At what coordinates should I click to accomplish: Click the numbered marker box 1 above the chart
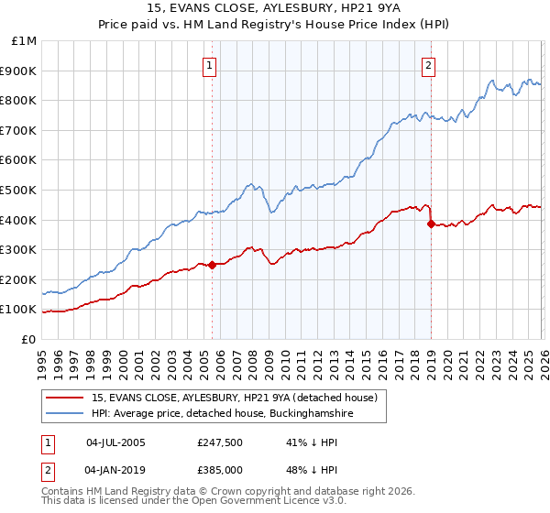tap(211, 65)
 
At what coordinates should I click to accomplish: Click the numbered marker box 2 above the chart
tap(429, 65)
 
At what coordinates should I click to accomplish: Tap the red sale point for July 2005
tap(212, 266)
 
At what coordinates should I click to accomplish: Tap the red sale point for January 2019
tap(431, 224)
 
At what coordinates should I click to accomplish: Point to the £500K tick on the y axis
tap(21, 190)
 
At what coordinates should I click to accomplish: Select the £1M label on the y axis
tap(25, 40)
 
